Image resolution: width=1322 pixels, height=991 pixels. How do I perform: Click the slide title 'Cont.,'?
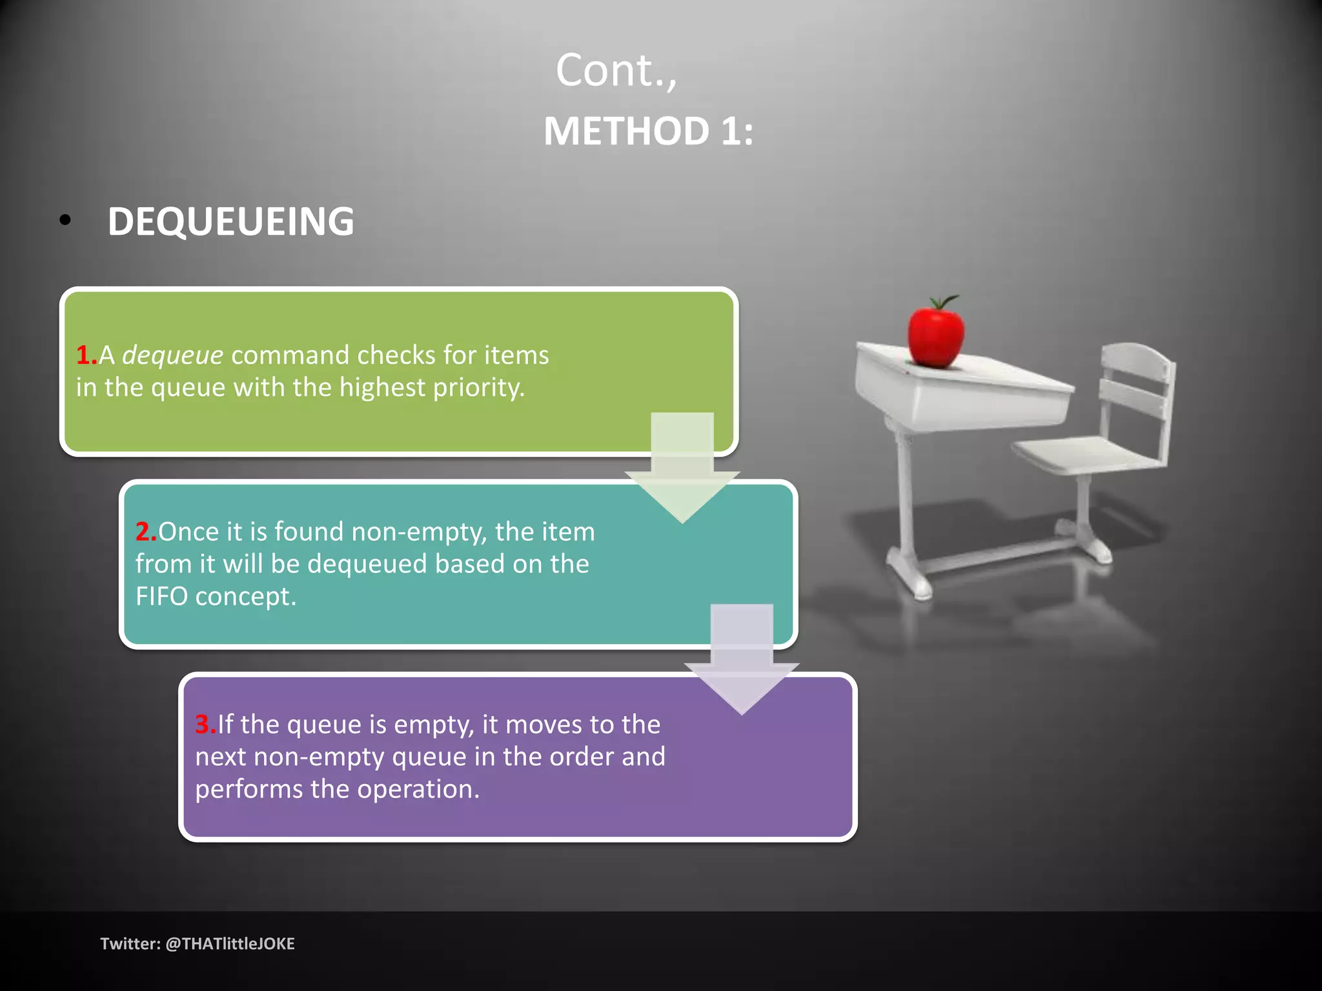tap(616, 70)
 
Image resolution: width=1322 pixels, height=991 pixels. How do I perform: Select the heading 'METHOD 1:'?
tap(648, 132)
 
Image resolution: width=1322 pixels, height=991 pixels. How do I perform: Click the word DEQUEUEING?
tap(230, 221)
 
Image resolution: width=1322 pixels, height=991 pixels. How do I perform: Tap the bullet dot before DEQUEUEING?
tap(65, 221)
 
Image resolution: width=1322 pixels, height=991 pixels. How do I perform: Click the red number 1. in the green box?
tap(86, 355)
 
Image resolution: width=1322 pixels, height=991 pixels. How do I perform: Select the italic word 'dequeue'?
tap(172, 355)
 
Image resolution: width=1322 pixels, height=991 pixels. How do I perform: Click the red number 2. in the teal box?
tap(145, 532)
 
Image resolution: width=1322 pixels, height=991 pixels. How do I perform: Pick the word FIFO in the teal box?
tap(161, 597)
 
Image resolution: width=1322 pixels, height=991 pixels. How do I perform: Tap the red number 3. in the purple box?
tap(205, 725)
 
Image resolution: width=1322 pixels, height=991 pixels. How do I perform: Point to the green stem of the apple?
tap(944, 301)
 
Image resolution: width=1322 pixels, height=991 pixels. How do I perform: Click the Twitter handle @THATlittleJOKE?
tap(230, 944)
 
